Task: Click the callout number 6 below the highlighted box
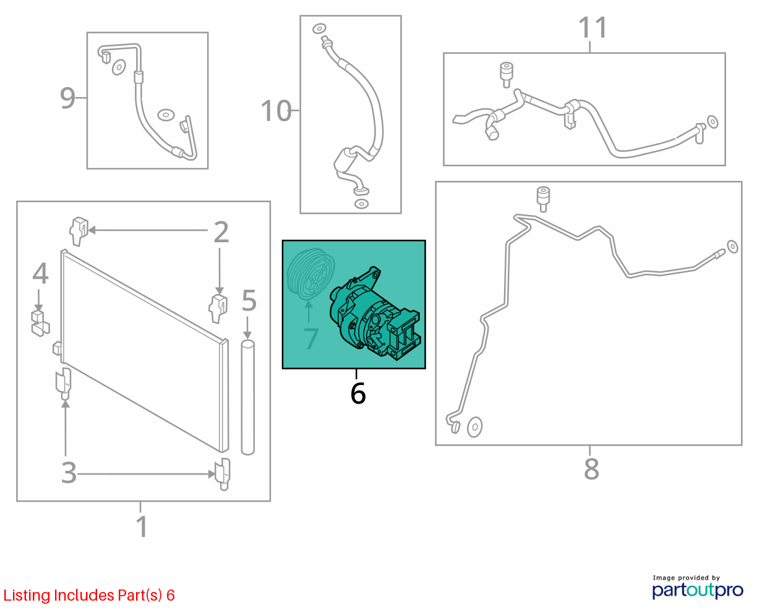357,393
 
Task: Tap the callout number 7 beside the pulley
311,339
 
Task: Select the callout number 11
592,27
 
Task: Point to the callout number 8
591,469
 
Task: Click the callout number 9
67,98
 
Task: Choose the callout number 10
276,111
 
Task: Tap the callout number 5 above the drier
249,300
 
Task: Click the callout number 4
40,274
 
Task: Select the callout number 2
221,232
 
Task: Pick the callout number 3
69,473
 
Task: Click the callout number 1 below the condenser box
142,526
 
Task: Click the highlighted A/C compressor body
375,314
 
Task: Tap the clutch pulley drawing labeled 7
310,274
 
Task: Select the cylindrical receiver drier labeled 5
248,397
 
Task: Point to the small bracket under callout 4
40,323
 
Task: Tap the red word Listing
27,596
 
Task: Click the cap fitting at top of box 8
543,199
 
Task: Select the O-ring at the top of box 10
319,28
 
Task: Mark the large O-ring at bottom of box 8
474,427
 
